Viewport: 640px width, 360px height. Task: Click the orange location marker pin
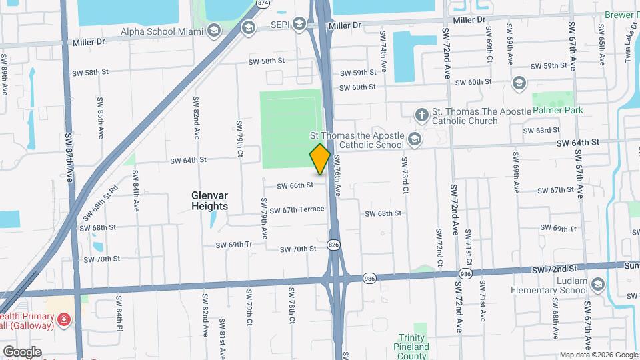point(320,159)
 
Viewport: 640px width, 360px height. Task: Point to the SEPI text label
point(278,25)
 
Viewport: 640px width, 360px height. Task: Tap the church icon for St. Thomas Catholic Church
point(421,115)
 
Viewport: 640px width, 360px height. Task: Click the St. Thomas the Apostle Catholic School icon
point(415,139)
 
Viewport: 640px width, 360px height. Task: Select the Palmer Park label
point(557,110)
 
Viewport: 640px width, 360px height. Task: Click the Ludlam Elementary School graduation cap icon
point(598,285)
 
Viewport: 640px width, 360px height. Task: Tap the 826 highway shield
point(333,245)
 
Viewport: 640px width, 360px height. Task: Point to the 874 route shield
point(263,3)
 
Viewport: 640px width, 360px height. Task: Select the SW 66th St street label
point(295,185)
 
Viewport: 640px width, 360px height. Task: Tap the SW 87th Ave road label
point(69,159)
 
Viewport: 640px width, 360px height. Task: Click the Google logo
point(21,352)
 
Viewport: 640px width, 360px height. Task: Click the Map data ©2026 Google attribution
point(597,355)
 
